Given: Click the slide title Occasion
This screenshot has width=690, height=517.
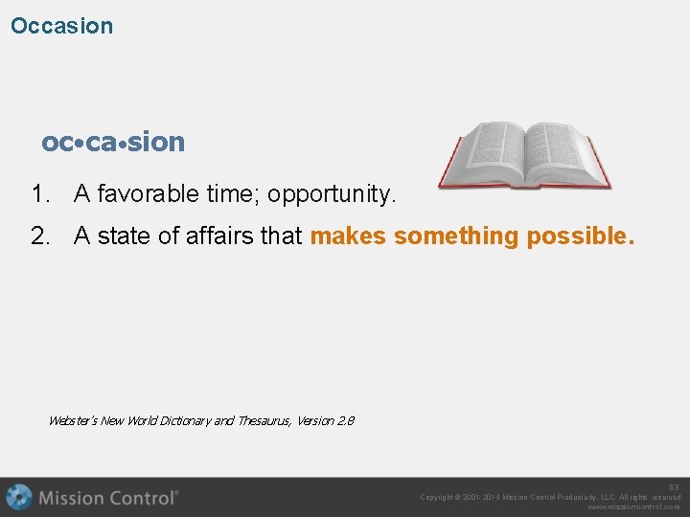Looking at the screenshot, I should point(61,26).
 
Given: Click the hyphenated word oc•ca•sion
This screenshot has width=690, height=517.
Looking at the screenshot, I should point(113,142).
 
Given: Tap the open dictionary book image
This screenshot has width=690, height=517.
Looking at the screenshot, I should point(523,155).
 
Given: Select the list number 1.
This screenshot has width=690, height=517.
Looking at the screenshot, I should point(39,194).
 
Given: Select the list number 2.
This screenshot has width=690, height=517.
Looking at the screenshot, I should point(39,236).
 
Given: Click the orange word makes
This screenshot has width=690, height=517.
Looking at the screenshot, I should point(348,236).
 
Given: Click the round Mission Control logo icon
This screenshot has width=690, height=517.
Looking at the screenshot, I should point(18,498).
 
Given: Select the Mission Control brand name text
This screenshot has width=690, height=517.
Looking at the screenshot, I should point(107,498).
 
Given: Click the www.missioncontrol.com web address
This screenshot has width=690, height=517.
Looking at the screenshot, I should point(633,506).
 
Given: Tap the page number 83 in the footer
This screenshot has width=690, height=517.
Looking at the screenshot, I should point(674,487).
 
